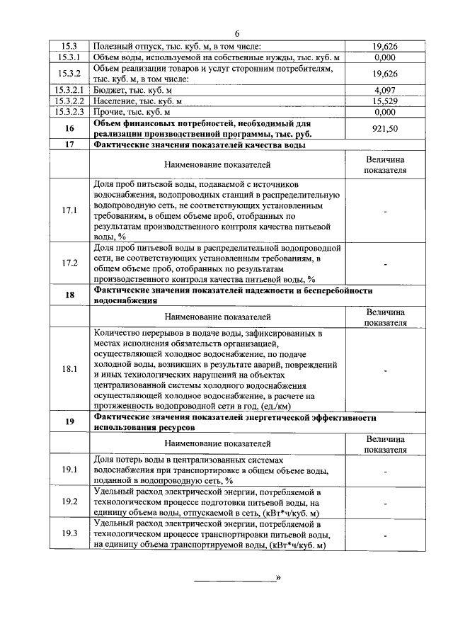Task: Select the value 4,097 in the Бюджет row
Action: coord(384,90)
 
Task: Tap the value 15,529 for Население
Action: coord(384,101)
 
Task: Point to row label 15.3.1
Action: coord(69,57)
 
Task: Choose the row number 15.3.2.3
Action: coord(69,111)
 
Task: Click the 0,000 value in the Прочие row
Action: coord(384,111)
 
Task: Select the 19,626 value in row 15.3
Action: coord(384,47)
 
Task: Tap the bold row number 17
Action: coord(69,145)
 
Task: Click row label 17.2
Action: coord(69,263)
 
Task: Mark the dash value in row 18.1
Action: coord(384,369)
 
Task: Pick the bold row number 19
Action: coord(69,422)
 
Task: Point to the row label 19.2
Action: coord(69,501)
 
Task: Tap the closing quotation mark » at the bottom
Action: coord(278,578)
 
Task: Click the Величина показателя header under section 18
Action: coord(384,317)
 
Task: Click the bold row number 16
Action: coord(69,128)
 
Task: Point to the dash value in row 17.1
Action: coord(384,210)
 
